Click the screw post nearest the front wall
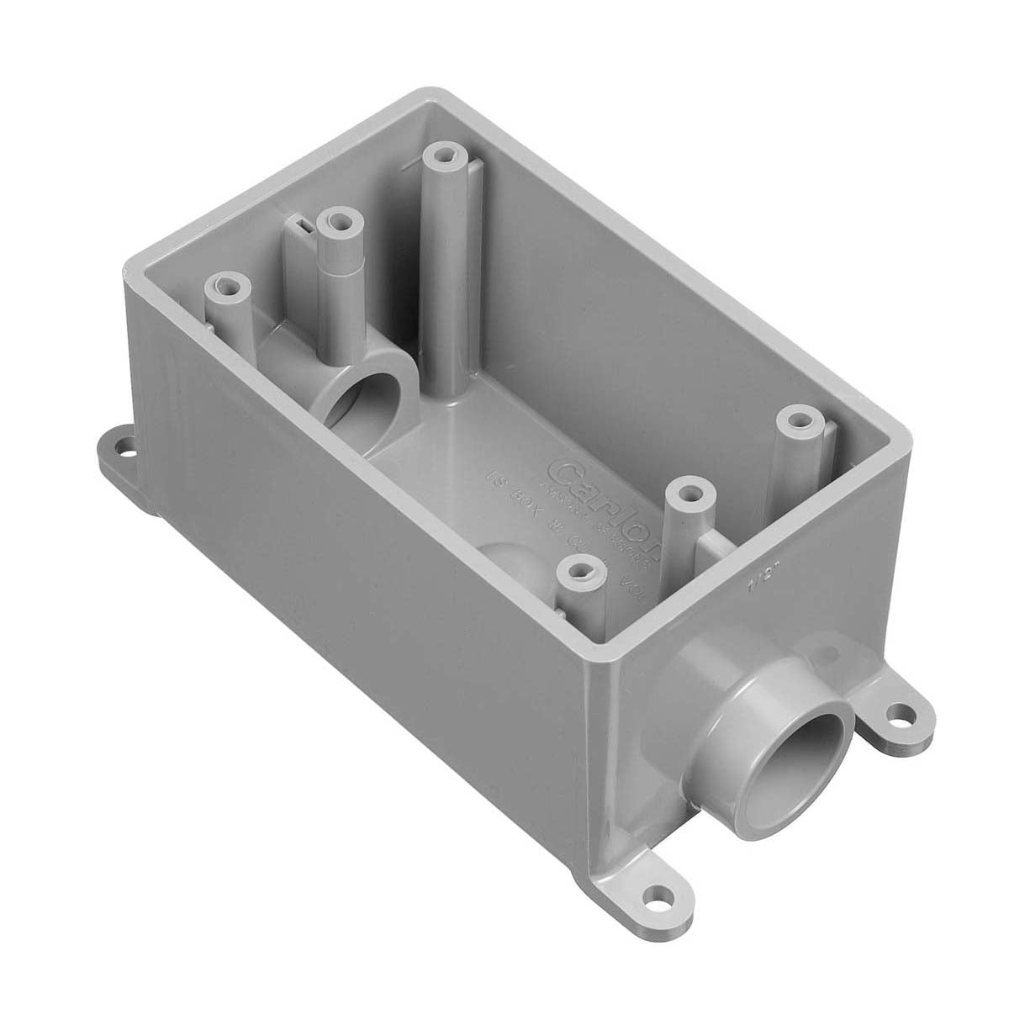(578, 571)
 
